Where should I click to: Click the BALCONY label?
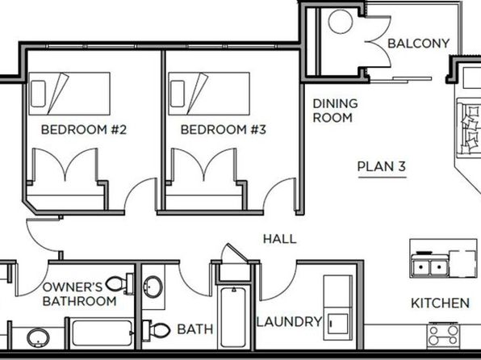point(418,44)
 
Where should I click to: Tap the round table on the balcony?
point(341,22)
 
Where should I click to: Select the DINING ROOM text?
point(335,111)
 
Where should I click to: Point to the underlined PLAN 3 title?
point(382,166)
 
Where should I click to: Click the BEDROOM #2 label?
point(84,129)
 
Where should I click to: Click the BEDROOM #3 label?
point(224,129)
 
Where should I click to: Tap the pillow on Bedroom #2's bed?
point(39,94)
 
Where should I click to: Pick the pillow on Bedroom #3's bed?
point(178,94)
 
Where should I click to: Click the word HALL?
point(280,239)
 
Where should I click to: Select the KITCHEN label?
point(440,303)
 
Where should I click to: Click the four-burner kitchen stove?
point(444,336)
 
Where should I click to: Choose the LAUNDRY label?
point(289,321)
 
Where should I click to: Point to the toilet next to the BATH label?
point(157,330)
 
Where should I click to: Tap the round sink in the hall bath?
point(153,287)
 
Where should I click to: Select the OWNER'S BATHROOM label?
point(79,294)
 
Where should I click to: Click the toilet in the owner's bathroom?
point(119,284)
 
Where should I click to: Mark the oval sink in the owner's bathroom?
point(38,337)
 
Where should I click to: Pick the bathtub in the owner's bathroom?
point(102,333)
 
